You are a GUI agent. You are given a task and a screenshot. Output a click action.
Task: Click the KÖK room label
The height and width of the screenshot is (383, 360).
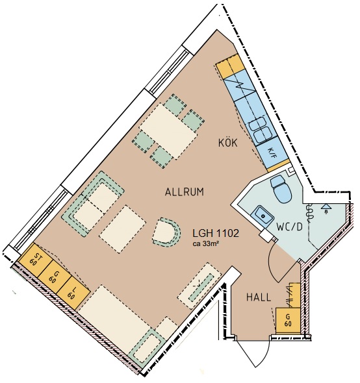(x=227, y=143)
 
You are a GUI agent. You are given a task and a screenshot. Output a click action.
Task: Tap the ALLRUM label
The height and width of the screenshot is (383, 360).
(x=185, y=192)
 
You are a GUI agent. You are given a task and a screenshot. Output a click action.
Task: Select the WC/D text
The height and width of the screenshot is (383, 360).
(x=289, y=227)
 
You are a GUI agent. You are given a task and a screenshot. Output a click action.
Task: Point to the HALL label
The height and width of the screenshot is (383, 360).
(x=259, y=297)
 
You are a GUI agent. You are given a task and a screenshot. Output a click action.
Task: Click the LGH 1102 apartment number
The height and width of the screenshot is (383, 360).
(x=216, y=234)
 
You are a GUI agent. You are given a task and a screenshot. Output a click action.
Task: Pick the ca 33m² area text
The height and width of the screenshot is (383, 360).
(x=205, y=243)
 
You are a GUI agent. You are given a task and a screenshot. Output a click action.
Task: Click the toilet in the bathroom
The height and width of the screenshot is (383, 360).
(x=281, y=188)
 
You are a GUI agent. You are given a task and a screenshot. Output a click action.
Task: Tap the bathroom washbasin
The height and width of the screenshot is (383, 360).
(x=263, y=216)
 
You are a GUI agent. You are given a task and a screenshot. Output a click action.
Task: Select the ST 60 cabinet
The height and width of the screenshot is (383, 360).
(x=35, y=260)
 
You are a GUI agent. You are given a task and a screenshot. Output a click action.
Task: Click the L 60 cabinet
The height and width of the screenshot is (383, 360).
(x=72, y=293)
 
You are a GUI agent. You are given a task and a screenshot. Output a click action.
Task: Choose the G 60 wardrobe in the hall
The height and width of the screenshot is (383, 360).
(x=288, y=320)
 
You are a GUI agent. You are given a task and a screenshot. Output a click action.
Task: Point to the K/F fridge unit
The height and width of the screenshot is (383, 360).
(x=272, y=153)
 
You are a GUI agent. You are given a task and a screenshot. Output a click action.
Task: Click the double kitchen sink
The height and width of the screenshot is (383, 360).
(x=259, y=130)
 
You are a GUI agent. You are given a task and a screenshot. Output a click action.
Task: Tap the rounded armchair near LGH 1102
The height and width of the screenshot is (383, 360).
(x=167, y=231)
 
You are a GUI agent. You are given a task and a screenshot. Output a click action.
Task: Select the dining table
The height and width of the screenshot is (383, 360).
(x=168, y=130)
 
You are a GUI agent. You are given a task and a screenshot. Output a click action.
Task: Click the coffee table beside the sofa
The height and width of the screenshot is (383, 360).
(x=123, y=229)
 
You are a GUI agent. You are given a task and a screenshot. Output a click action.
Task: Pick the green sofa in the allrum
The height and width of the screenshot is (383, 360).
(x=93, y=204)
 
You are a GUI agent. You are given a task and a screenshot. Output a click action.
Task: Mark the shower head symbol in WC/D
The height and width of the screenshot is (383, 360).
(x=326, y=208)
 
